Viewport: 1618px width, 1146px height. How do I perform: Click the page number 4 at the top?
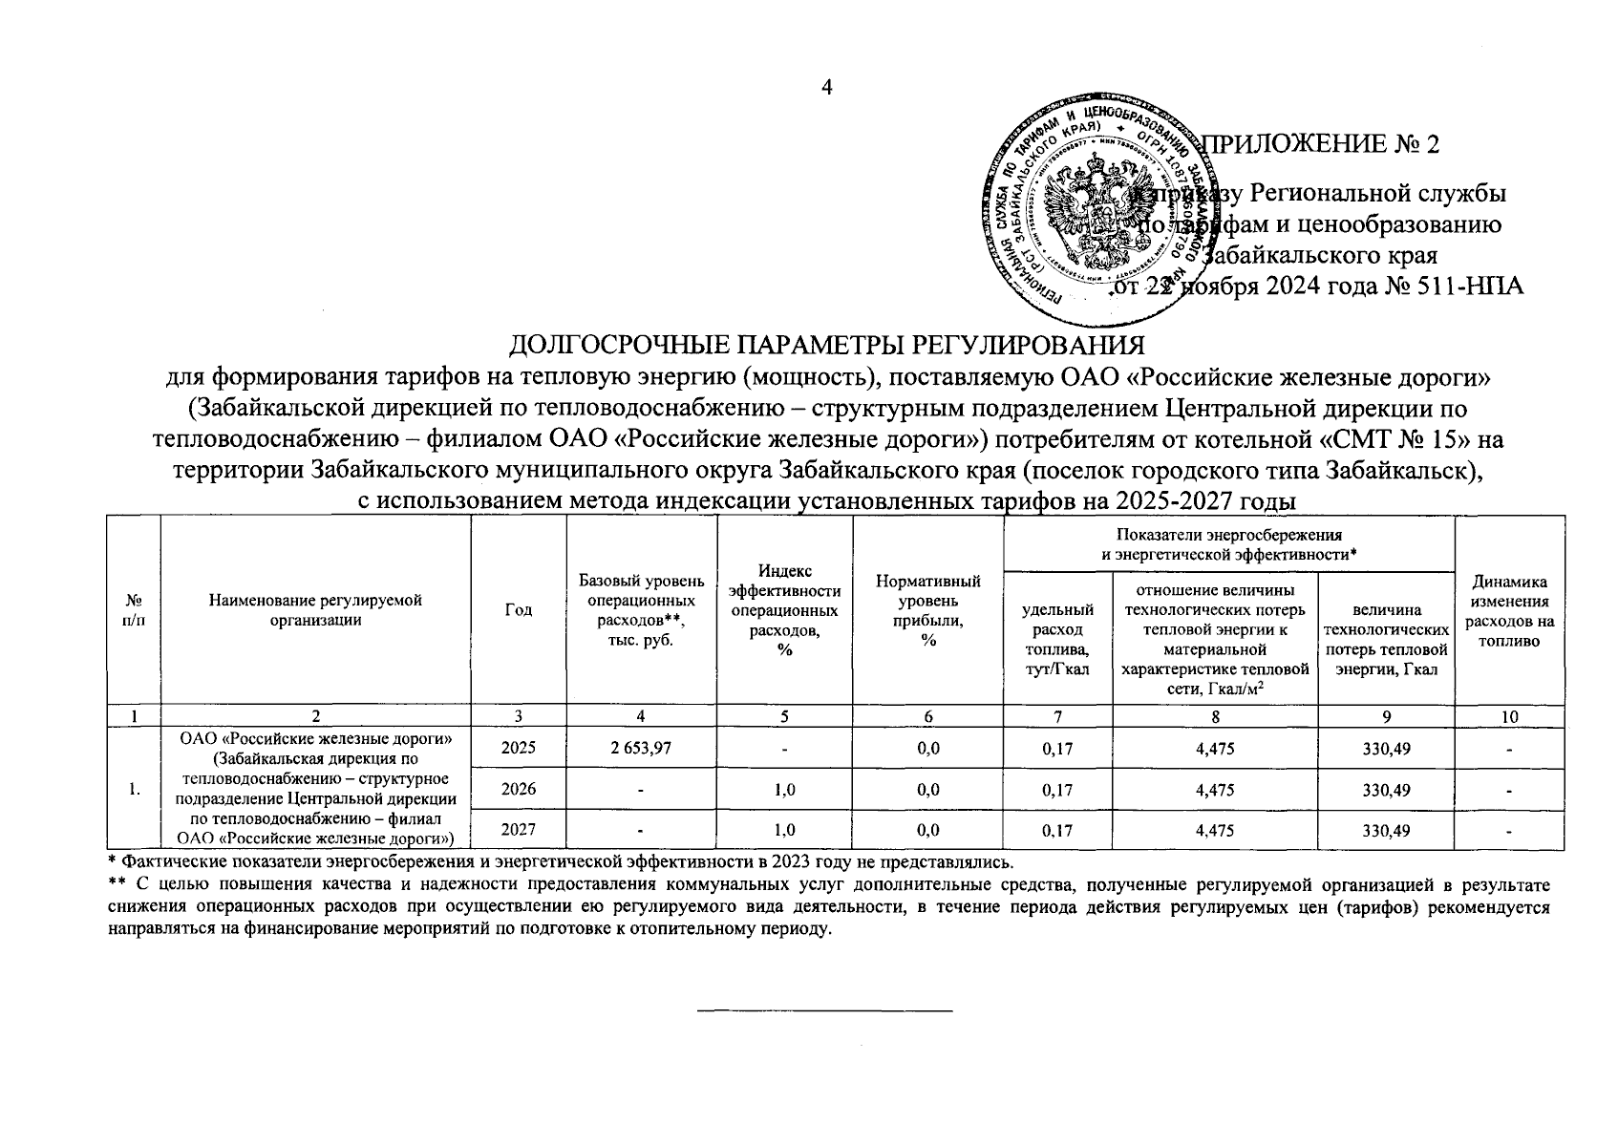coord(827,88)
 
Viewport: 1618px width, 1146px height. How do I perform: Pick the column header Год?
coord(518,610)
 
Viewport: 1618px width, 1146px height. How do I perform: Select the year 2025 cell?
coord(518,749)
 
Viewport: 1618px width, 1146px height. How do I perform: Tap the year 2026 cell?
coord(518,790)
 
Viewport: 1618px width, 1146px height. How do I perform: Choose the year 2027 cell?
coord(518,831)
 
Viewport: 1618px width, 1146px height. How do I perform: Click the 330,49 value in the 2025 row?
coord(1387,749)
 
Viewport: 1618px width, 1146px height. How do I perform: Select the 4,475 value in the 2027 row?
coord(1215,831)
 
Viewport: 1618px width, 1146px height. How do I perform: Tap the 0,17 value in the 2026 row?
coord(1057,790)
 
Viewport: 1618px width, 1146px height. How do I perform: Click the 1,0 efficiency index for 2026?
coord(784,790)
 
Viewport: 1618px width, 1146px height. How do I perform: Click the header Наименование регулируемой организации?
coord(315,610)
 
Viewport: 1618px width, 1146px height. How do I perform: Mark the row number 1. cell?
coord(135,790)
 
